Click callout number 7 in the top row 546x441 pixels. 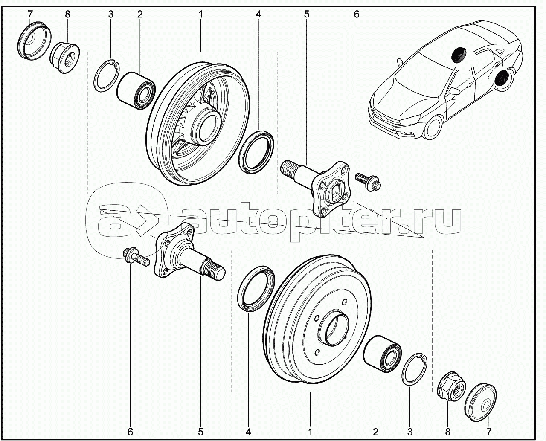[x=30, y=15]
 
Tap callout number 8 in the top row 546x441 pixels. [x=67, y=15]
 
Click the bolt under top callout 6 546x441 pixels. [x=369, y=183]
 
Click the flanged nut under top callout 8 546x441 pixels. [x=64, y=58]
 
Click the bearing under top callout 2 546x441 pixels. [x=136, y=91]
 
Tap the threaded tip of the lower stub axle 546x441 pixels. [x=214, y=272]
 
